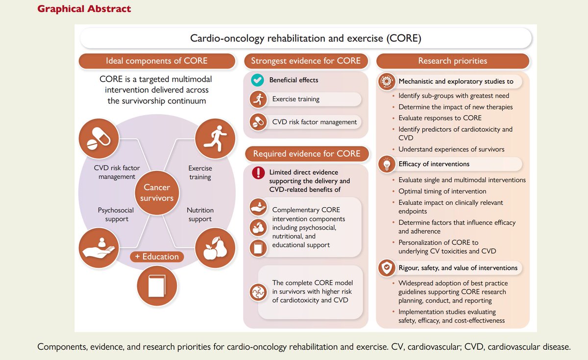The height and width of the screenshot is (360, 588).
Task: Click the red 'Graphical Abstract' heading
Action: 84,9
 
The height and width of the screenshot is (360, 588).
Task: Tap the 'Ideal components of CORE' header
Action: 157,61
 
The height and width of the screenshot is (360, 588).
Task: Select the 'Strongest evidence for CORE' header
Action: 306,61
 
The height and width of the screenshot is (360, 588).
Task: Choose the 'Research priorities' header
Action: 452,61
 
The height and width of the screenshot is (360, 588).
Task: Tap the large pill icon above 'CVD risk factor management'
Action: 98,139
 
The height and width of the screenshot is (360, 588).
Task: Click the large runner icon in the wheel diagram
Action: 215,139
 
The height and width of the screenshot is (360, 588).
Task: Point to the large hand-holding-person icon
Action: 98,248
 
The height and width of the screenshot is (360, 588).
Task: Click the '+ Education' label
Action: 157,257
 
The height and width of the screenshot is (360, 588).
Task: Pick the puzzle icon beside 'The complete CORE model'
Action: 257,291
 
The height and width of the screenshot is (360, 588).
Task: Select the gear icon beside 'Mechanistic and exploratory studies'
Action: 385,81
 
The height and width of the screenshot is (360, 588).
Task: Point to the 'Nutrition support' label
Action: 200,215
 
